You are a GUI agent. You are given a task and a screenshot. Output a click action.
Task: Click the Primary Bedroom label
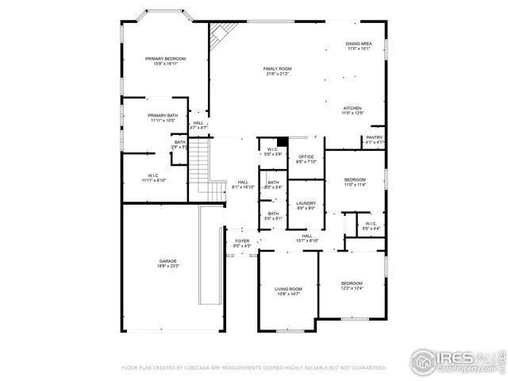pyautogui.click(x=165, y=61)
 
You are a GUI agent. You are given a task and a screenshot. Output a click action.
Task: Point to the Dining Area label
pyautogui.click(x=359, y=46)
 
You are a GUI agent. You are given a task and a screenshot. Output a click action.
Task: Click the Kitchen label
pyautogui.click(x=352, y=110)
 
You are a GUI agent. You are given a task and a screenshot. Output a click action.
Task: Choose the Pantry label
pyautogui.click(x=373, y=140)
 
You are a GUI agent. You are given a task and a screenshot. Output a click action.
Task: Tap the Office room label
pyautogui.click(x=306, y=159)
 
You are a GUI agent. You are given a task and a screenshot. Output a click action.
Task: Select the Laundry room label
pyautogui.click(x=306, y=206)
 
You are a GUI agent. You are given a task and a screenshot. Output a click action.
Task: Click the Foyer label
pyautogui.click(x=242, y=243)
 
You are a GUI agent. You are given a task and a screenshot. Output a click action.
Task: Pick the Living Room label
pyautogui.click(x=288, y=291)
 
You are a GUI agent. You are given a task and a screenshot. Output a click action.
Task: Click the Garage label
pyautogui.click(x=167, y=264)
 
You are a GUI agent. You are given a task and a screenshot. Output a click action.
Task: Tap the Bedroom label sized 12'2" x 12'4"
pyautogui.click(x=352, y=286)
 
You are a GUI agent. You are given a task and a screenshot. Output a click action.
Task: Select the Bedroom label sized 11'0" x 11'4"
pyautogui.click(x=355, y=182)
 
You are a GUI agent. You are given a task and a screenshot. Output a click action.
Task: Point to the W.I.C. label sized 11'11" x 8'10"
pyautogui.click(x=153, y=178)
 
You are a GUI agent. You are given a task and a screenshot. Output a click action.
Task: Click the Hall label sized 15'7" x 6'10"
pyautogui.click(x=308, y=237)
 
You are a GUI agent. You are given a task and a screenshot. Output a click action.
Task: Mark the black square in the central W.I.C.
pyautogui.click(x=281, y=143)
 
